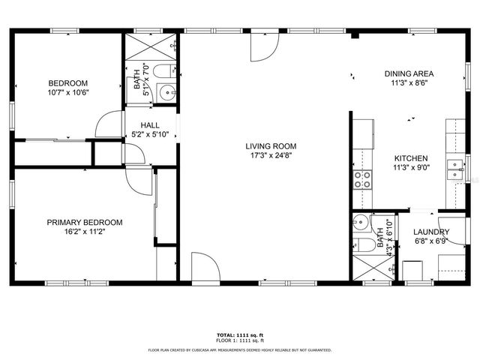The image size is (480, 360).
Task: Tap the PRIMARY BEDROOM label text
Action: [x=85, y=223]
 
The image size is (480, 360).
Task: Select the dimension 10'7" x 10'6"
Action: [x=68, y=93]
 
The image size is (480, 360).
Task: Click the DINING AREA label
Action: [x=409, y=73]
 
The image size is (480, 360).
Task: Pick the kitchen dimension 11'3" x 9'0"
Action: [x=412, y=168]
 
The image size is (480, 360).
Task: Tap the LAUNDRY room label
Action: [x=431, y=232]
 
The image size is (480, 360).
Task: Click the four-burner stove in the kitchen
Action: [x=362, y=178]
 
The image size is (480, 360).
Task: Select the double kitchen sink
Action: [x=455, y=170]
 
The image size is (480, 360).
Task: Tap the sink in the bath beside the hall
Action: [x=167, y=94]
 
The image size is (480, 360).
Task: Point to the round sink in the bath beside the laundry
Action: [x=361, y=222]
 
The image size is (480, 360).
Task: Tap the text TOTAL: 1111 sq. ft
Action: [x=239, y=334]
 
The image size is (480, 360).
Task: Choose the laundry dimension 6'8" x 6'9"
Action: [x=431, y=241]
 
